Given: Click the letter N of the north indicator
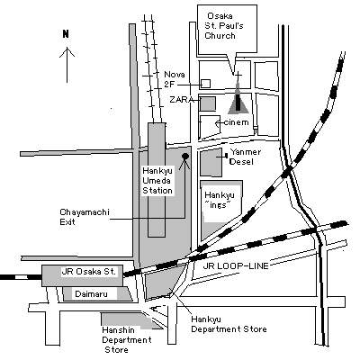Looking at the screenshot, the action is [66, 34].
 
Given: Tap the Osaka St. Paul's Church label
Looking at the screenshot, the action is [224, 26].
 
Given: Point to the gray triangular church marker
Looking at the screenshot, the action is [238, 98].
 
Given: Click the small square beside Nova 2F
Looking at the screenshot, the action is [205, 84].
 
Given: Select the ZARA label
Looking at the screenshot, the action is [182, 100].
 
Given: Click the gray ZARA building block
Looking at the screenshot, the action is [208, 103].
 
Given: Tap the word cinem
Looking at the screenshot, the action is [236, 122].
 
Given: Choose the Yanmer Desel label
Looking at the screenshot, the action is [245, 157].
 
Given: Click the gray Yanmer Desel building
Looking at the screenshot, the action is [211, 164].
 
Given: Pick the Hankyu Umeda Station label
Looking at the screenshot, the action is [157, 181].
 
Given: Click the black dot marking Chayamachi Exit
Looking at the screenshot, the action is [185, 156].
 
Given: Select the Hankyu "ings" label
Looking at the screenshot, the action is [220, 200].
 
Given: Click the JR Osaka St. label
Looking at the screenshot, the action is [88, 272].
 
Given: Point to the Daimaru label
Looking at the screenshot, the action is [91, 293].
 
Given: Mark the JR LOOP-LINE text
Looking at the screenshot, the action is [236, 265].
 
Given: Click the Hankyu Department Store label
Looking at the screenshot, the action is [229, 324].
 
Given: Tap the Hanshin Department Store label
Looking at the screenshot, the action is [127, 340].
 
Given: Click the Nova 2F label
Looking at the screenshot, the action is [175, 79].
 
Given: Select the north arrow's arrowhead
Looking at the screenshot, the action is [67, 52].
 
